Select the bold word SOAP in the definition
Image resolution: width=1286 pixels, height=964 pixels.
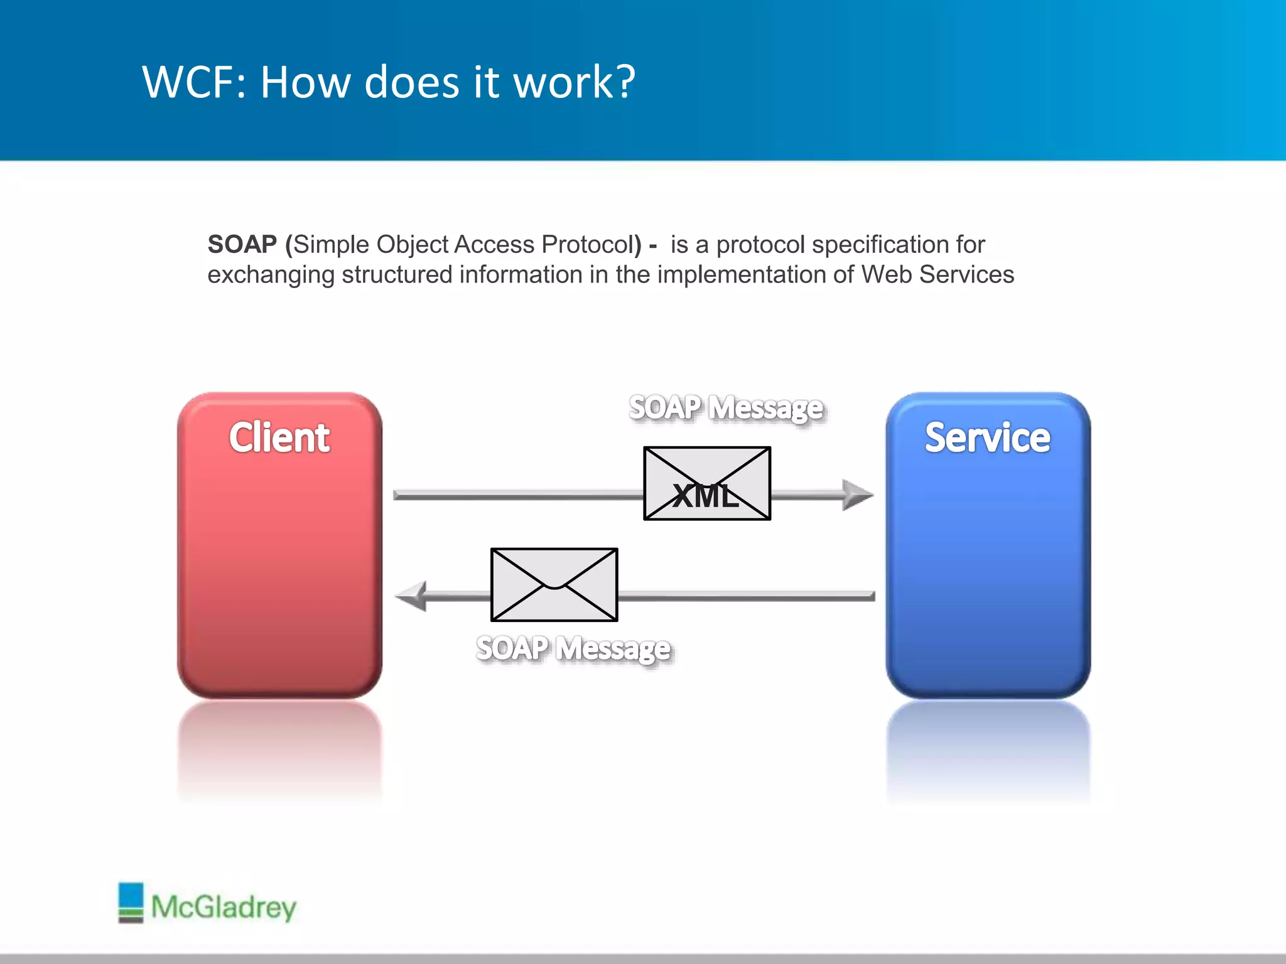point(242,244)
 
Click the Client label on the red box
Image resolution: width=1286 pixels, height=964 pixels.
point(279,437)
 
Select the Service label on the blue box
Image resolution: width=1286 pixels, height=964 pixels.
point(987,437)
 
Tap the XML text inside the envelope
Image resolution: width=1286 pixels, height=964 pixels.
point(706,496)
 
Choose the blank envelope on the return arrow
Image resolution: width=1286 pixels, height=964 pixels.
point(554,584)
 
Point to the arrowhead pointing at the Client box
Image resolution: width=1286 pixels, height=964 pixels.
point(412,596)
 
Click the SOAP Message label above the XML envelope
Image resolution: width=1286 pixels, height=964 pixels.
point(726,408)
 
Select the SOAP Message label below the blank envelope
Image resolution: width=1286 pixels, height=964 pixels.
point(573,648)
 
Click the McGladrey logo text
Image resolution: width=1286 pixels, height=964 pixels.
point(224,908)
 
